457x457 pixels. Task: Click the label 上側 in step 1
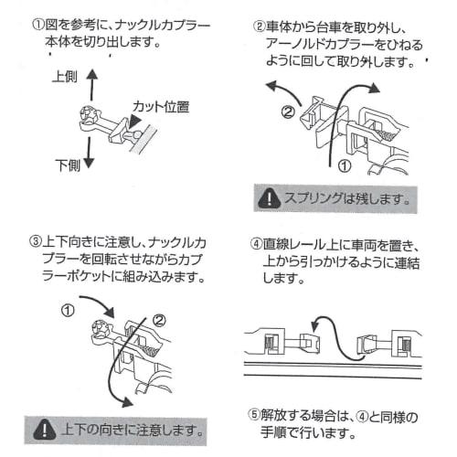pos(65,77)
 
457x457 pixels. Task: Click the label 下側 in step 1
pos(68,165)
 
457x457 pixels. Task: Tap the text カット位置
pos(161,107)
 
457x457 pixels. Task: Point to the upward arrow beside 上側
pos(91,85)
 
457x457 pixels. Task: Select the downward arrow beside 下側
pos(89,153)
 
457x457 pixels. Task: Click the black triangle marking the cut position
pos(134,122)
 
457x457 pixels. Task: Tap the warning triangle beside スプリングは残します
pos(269,198)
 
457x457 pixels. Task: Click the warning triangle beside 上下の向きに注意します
pos(44,430)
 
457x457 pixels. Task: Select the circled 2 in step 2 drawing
pos(288,112)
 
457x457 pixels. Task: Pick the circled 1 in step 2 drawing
pos(345,166)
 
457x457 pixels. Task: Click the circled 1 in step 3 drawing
pos(68,311)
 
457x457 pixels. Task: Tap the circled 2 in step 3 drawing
pos(159,320)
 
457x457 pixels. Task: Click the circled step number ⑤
pos(254,416)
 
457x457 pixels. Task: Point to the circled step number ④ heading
pos(256,244)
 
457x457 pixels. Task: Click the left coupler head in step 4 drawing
pos(310,344)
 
